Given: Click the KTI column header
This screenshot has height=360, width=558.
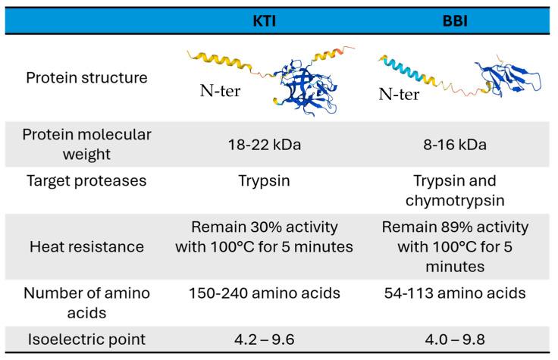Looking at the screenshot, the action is point(264,21).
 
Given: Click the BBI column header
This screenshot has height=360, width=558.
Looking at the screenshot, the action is point(455,21).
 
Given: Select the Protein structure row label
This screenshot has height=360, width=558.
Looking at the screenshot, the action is point(86,77).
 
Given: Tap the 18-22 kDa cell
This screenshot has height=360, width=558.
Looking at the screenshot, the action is point(265,145).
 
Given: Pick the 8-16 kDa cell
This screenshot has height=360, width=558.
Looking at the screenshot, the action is point(455,145).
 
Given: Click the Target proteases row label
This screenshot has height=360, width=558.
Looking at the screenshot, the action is point(86,180).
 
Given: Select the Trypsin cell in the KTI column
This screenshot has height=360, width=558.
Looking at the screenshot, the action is point(264,180).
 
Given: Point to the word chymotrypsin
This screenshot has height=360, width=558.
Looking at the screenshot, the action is point(455,201).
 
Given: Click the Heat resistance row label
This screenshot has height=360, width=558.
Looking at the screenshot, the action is point(86,246).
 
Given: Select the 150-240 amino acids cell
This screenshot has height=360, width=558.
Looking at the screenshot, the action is point(265,293).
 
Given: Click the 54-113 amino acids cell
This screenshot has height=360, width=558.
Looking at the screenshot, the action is point(455,293).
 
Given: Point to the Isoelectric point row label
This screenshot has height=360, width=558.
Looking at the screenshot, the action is point(86,340).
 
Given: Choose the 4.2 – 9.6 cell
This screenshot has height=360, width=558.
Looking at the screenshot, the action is point(265,340).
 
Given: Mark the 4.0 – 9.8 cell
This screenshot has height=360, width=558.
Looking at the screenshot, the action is point(455,340).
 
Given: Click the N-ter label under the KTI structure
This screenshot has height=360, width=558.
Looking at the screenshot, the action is point(221,91).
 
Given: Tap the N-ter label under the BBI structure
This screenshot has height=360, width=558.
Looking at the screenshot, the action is point(399,94).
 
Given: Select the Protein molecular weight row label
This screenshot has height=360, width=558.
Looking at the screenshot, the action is point(86,145).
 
